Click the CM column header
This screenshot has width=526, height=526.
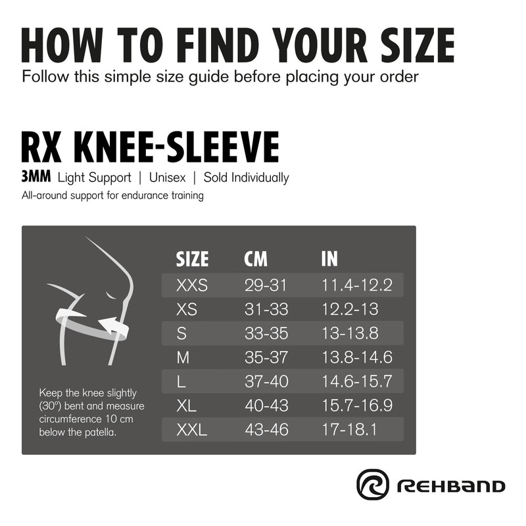[256, 259]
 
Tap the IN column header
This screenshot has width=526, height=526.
[329, 259]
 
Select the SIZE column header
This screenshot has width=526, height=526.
[192, 259]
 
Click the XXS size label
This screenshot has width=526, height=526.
[192, 285]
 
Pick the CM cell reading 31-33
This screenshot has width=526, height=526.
[266, 309]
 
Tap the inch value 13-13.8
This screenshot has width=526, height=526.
[350, 333]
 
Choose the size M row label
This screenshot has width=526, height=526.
[183, 358]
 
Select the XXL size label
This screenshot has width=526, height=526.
[192, 431]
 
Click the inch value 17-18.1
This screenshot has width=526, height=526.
[350, 431]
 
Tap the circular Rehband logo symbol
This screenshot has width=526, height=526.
[373, 485]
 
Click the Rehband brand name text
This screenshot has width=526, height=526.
[450, 487]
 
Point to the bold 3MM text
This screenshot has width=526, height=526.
[36, 177]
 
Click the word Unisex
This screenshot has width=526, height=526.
[167, 178]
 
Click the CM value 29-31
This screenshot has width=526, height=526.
[266, 285]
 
